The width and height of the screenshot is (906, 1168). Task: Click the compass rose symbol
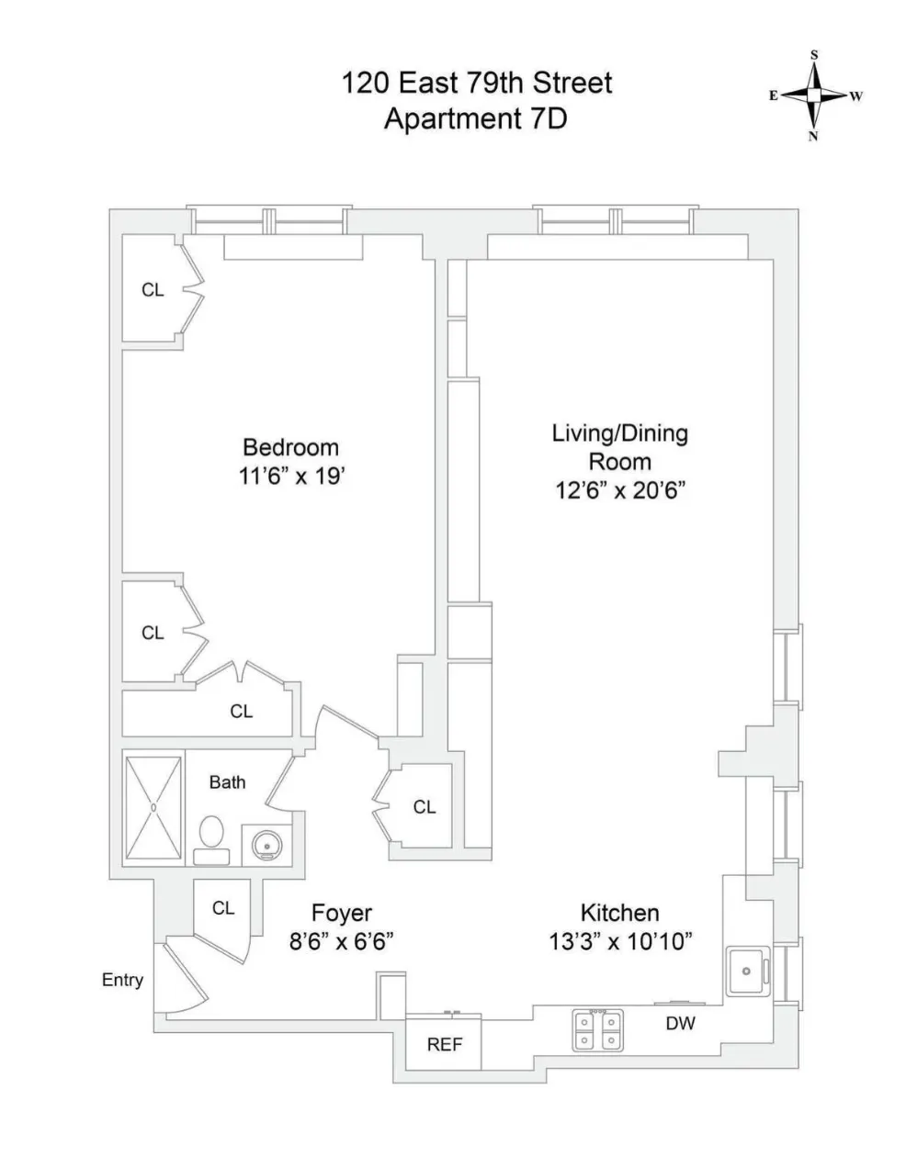(x=814, y=95)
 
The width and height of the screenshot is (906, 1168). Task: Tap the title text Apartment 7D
(x=475, y=119)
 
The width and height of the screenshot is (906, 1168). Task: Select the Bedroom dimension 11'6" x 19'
(x=290, y=477)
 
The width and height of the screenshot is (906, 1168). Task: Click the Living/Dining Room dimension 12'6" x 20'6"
(x=620, y=490)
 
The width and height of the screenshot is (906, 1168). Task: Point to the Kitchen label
(x=619, y=913)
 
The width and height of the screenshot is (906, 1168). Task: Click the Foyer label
(x=342, y=913)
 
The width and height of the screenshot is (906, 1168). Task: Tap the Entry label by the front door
(x=122, y=980)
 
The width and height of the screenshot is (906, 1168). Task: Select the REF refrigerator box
(x=444, y=1045)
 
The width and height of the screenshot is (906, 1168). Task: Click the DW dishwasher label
(x=680, y=1023)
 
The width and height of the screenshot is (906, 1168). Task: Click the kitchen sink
(x=749, y=971)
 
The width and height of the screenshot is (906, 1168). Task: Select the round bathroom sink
(x=266, y=844)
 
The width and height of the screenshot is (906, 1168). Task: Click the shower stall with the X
(x=153, y=808)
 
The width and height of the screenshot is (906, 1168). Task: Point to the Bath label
(x=227, y=782)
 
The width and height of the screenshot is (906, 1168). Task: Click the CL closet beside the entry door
(x=223, y=908)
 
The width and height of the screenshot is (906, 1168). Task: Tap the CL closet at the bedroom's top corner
(x=153, y=290)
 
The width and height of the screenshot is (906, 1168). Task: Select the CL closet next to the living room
(x=424, y=807)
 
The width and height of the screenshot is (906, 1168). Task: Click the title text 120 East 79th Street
(x=476, y=84)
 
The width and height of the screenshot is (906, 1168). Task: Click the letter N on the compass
(x=813, y=137)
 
